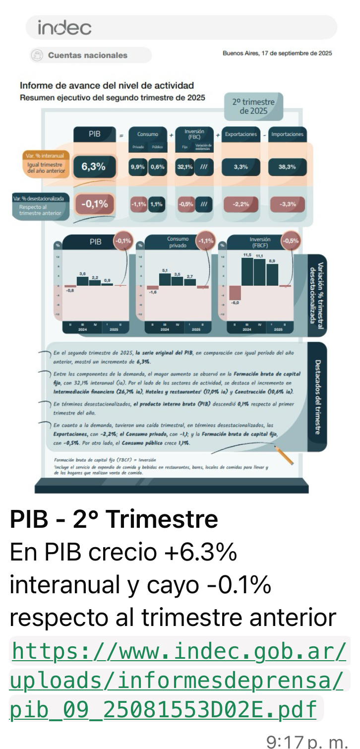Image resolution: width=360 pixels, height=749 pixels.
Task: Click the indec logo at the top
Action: (x=64, y=28)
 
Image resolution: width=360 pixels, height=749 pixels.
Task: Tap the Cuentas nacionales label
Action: (x=87, y=55)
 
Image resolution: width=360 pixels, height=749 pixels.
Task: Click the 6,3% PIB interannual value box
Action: (x=94, y=167)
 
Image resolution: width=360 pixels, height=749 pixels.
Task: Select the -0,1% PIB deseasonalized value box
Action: (x=94, y=203)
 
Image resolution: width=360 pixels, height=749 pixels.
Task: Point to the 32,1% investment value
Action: (x=185, y=167)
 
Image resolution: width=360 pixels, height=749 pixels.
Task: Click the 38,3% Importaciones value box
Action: (x=287, y=167)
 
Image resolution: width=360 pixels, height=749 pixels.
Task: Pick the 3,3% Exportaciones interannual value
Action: (x=240, y=167)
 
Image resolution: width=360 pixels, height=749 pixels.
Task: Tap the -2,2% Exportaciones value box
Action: (x=240, y=204)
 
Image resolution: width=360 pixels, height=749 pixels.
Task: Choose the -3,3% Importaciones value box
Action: (x=287, y=204)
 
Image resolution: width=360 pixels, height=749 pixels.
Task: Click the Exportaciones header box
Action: (x=240, y=134)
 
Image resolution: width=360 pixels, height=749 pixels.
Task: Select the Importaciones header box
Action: (x=287, y=134)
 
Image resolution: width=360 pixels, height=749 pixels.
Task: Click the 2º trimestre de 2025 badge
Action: (x=253, y=106)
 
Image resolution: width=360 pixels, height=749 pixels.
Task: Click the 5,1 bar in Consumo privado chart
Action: (x=165, y=279)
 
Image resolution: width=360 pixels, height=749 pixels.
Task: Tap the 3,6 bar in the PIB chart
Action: (x=82, y=280)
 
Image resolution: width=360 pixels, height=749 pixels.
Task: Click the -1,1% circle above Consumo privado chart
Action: (x=205, y=241)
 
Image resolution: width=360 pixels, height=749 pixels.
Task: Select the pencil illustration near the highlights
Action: (x=284, y=454)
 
